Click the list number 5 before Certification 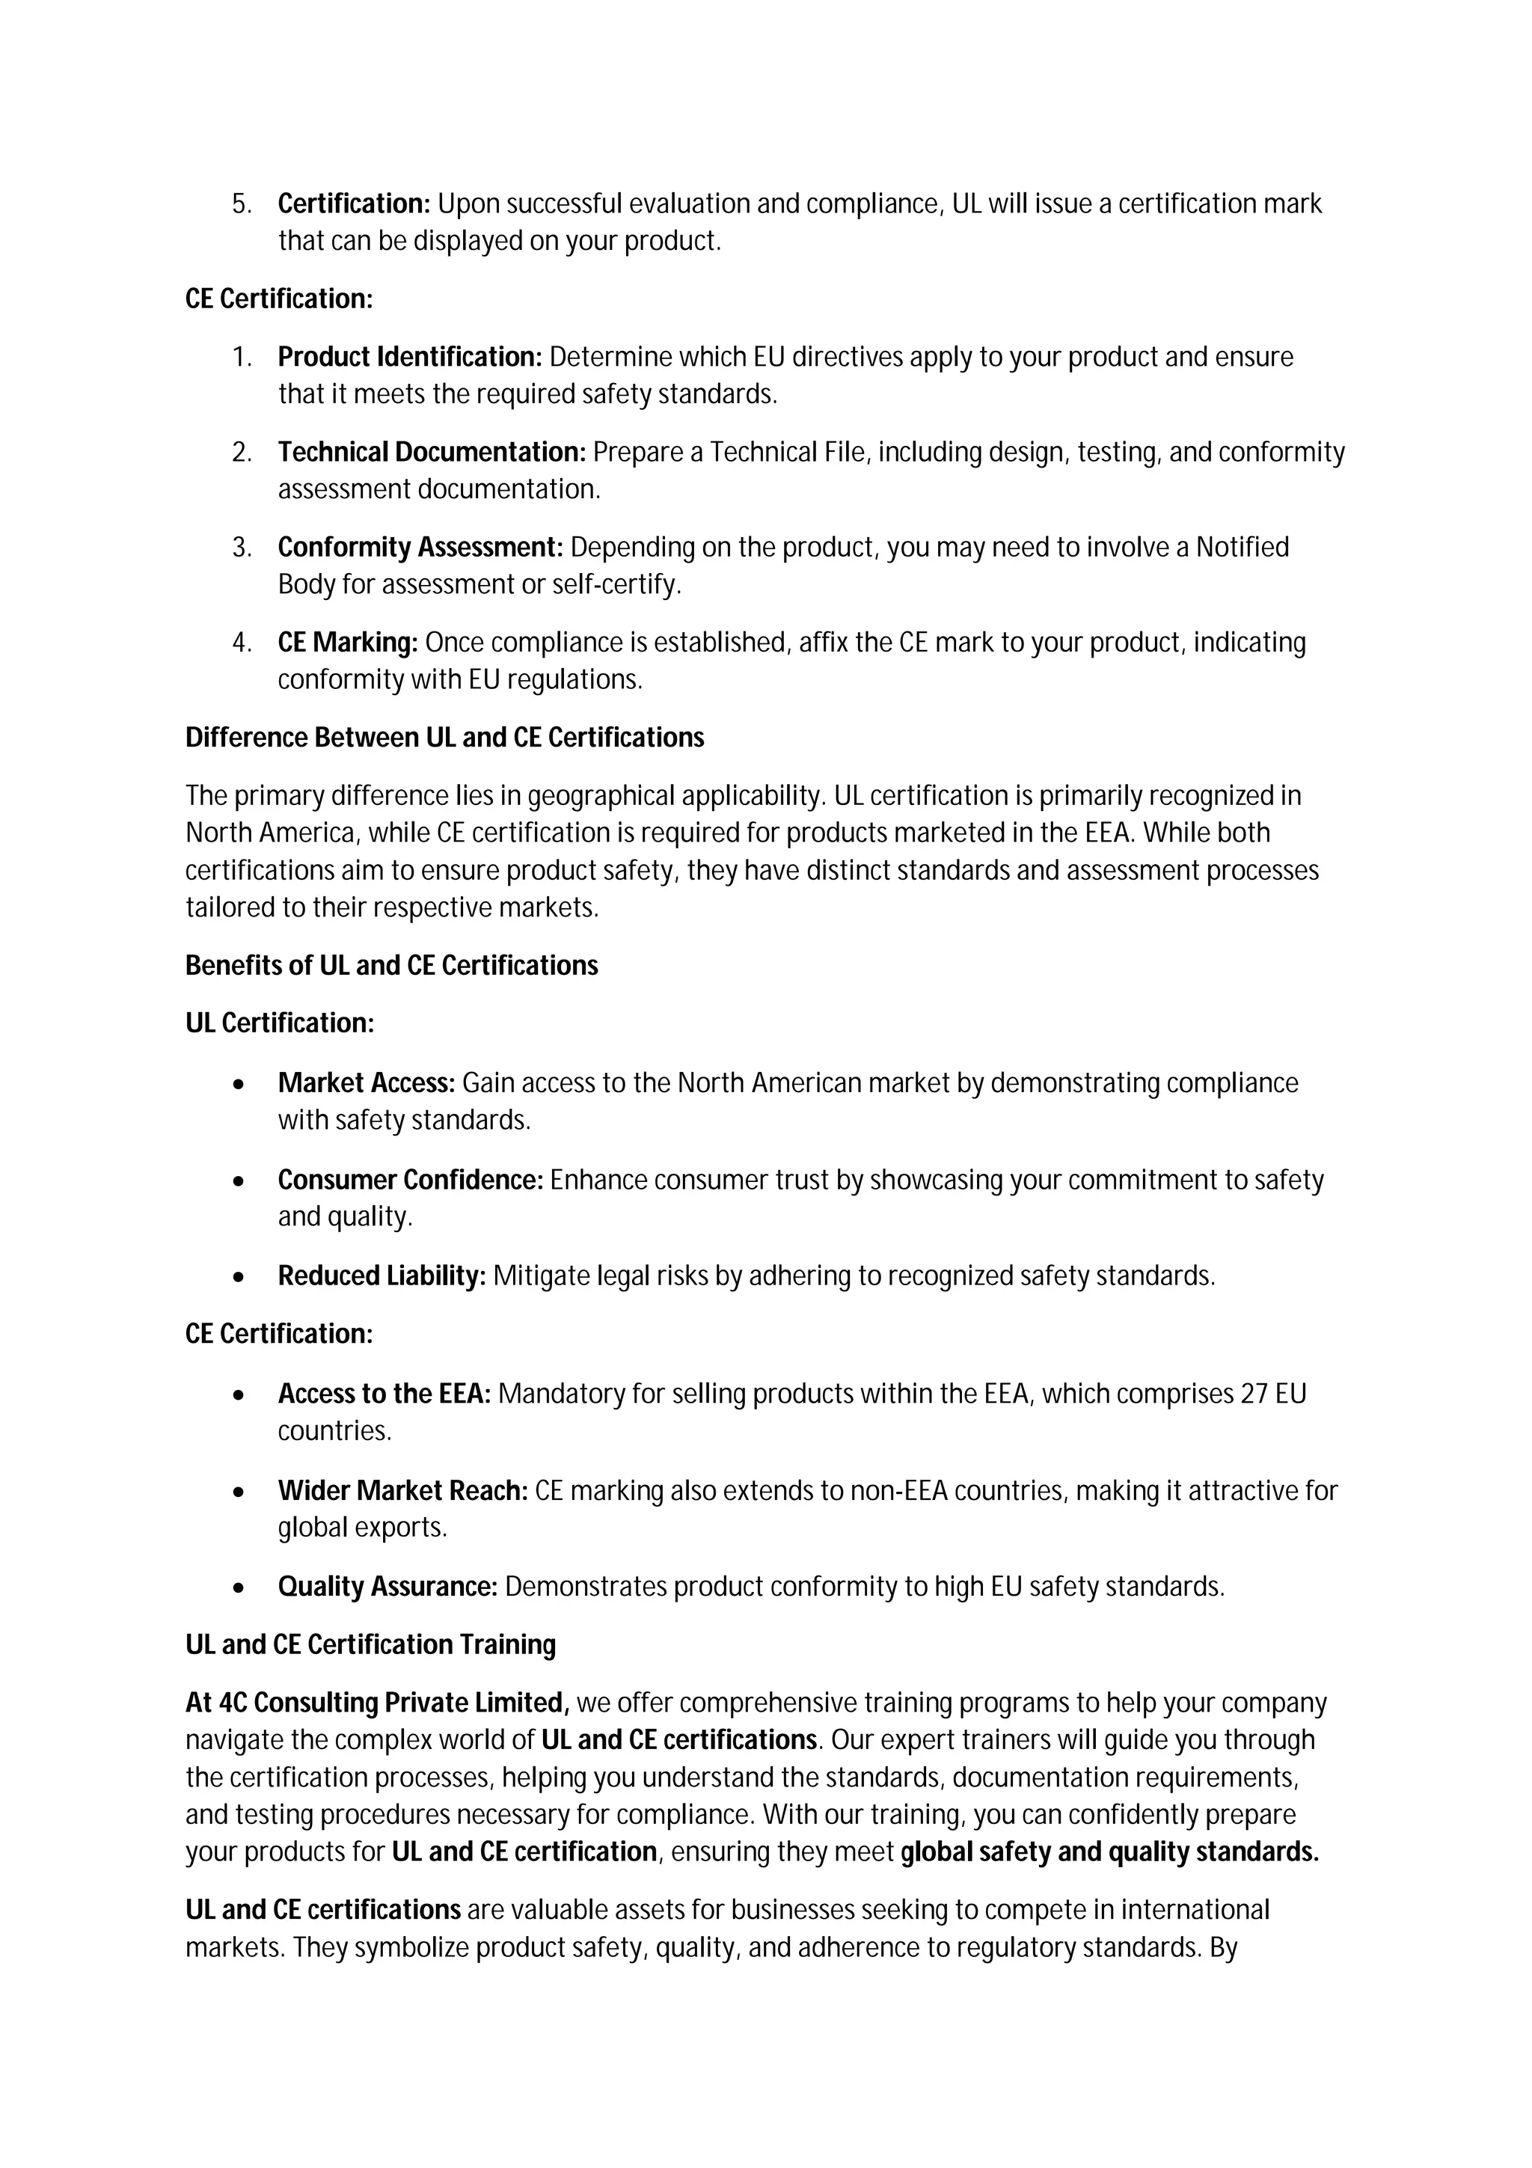click(x=241, y=204)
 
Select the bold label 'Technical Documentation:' click(x=432, y=453)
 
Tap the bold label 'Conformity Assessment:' click(x=420, y=548)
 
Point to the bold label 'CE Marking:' click(x=347, y=643)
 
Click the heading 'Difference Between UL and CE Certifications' click(x=444, y=738)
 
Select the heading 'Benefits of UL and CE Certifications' click(x=392, y=966)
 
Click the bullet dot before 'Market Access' click(x=240, y=1085)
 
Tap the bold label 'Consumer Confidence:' click(x=410, y=1181)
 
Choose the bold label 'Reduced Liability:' click(x=382, y=1276)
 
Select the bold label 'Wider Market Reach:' click(x=402, y=1491)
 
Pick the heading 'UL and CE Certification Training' click(x=370, y=1645)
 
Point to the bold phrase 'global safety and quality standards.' click(x=1109, y=1852)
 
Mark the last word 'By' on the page click(x=1222, y=1948)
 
